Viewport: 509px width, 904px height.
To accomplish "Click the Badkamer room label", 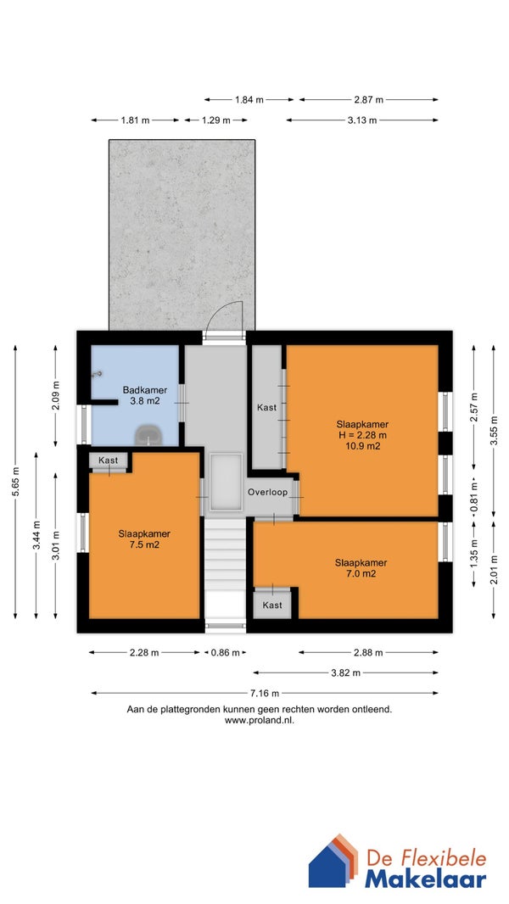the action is pyautogui.click(x=145, y=390).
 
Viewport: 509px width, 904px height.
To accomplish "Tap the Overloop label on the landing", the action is pyautogui.click(x=267, y=493).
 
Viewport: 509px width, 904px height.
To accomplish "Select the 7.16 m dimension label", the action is pyautogui.click(x=265, y=693).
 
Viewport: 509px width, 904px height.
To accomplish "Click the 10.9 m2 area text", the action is pyautogui.click(x=362, y=446).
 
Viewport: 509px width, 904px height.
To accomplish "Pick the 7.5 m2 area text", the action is pyautogui.click(x=144, y=544).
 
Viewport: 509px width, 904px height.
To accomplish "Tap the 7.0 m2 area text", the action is pyautogui.click(x=361, y=573).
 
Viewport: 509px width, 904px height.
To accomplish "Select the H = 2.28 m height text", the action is pyautogui.click(x=362, y=435).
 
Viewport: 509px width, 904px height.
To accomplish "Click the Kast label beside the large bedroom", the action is pyautogui.click(x=267, y=407).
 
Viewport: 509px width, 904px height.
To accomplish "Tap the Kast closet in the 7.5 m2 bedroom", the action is pyautogui.click(x=109, y=461).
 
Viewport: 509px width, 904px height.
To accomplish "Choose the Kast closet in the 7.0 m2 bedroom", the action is pyautogui.click(x=272, y=604).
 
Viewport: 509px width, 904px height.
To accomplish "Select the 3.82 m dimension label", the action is pyautogui.click(x=346, y=672).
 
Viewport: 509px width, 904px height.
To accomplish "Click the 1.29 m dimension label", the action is pyautogui.click(x=215, y=120).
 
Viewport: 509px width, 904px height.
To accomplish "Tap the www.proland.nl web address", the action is pyautogui.click(x=260, y=720).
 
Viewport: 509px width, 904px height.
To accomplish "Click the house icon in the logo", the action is pyautogui.click(x=333, y=860).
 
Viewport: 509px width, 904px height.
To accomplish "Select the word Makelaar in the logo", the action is pyautogui.click(x=425, y=879).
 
